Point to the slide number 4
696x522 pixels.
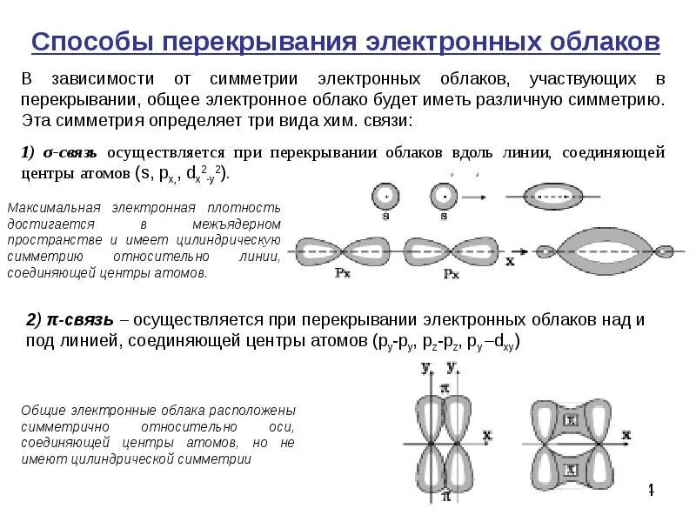click(649, 492)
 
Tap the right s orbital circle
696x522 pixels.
click(444, 196)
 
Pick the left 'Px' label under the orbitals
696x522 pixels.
click(343, 273)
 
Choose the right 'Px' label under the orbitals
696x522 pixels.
click(452, 273)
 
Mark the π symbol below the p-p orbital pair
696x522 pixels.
click(445, 497)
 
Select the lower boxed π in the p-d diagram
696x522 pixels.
click(571, 474)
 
